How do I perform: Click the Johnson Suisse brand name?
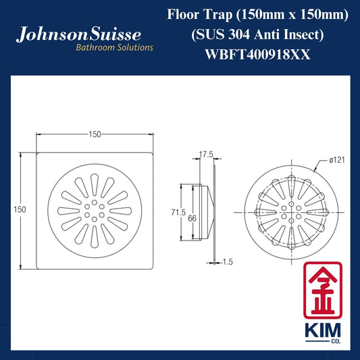click(78, 34)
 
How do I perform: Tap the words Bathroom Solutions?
click(114, 47)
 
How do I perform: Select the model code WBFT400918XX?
click(257, 55)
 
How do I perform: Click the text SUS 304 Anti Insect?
click(257, 34)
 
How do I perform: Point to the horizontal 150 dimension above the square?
click(95, 134)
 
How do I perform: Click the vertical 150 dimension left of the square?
click(20, 209)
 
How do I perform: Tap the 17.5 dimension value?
click(206, 155)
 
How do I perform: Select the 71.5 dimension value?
click(178, 212)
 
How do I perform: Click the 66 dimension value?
click(192, 218)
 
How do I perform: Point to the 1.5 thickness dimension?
click(228, 262)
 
